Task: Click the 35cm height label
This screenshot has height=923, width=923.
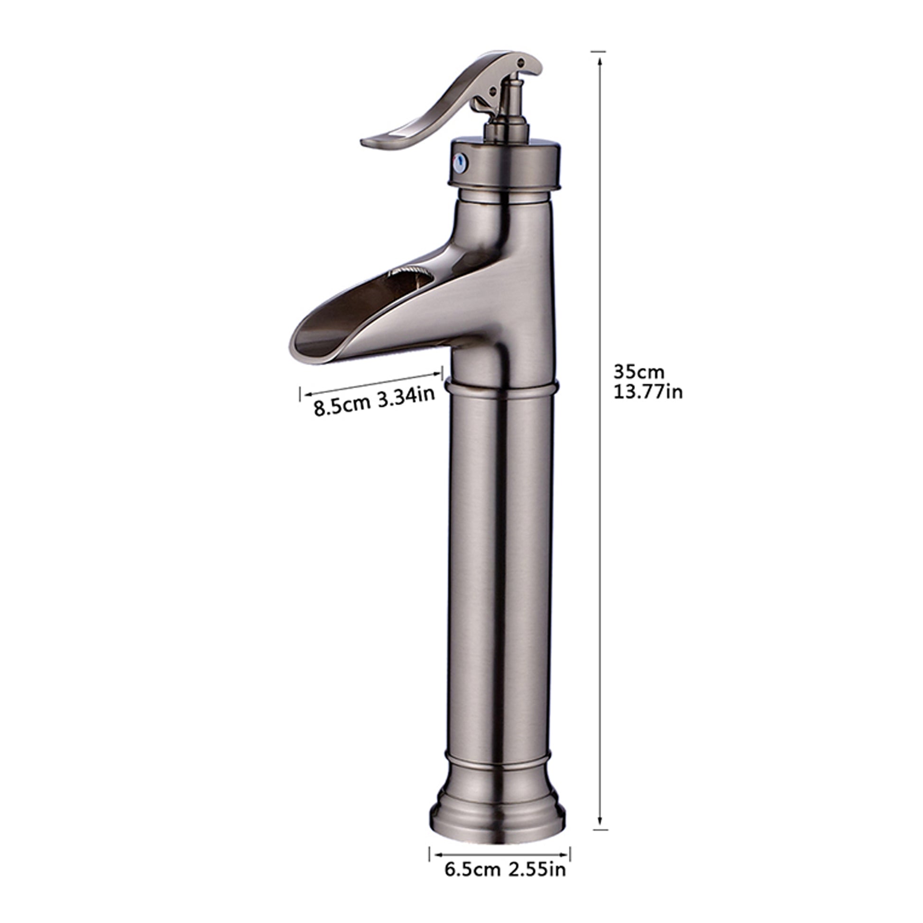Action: pos(639,372)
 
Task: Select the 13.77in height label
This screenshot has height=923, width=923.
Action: pos(648,392)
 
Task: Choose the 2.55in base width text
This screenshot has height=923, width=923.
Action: pos(536,869)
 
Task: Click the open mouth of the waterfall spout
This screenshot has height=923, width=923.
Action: pos(325,339)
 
